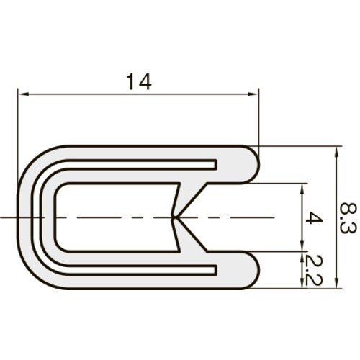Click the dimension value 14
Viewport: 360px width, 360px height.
(139, 81)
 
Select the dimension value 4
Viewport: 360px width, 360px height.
(315, 217)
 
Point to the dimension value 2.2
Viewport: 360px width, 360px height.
(315, 270)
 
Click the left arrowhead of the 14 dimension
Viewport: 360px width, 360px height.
(23, 94)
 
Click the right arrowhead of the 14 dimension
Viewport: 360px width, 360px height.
(253, 94)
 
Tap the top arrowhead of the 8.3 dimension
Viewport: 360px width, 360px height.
(337, 151)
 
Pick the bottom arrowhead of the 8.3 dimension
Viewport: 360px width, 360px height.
(337, 283)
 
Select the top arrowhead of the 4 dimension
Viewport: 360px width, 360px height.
(302, 189)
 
